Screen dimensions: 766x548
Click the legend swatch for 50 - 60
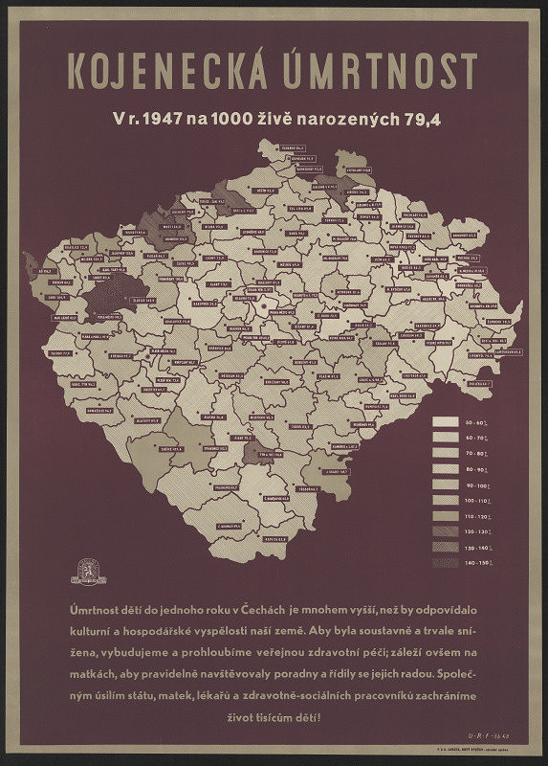(446, 422)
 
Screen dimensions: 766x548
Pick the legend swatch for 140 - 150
(446, 562)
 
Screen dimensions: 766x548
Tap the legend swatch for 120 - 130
(446, 530)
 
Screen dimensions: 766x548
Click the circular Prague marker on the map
(259, 308)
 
